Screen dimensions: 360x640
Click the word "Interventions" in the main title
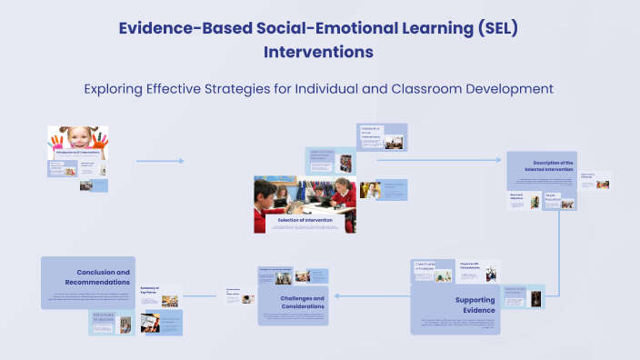point(318,52)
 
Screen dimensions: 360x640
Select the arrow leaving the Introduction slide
point(160,161)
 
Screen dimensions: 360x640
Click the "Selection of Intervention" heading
point(305,220)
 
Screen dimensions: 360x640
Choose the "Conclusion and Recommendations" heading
point(102,276)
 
